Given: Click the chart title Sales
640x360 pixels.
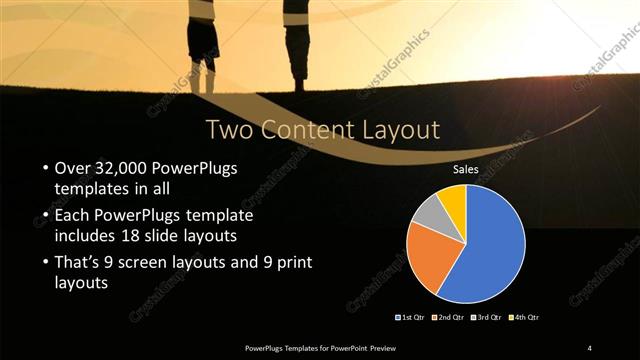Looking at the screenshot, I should (465, 170).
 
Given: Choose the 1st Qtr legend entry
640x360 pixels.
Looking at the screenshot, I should (412, 317).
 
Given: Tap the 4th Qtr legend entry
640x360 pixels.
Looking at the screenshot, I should (524, 317).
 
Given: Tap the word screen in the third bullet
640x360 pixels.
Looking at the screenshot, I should (158, 263).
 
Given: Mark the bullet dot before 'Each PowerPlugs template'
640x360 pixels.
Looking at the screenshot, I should (46, 215).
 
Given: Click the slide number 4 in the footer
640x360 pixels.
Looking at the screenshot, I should (590, 348).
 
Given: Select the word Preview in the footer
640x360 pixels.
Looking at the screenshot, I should (375, 348).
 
